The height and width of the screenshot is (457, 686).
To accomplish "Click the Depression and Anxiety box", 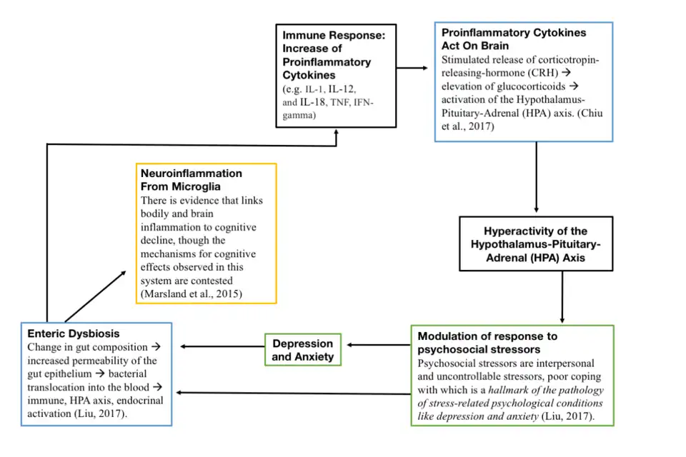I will [x=303, y=350].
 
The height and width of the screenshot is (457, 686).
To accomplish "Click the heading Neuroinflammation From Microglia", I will [x=191, y=180].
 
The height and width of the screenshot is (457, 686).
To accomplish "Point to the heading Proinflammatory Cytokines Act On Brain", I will [x=513, y=39].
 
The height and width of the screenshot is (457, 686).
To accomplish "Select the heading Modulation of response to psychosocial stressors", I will [x=487, y=343].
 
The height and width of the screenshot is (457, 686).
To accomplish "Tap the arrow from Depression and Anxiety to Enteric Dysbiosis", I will [x=222, y=346].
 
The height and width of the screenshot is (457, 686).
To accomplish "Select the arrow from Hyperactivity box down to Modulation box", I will [x=563, y=296].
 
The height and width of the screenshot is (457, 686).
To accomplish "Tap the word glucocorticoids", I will [x=502, y=86].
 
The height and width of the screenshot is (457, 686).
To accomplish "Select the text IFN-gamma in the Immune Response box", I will [x=329, y=109].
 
